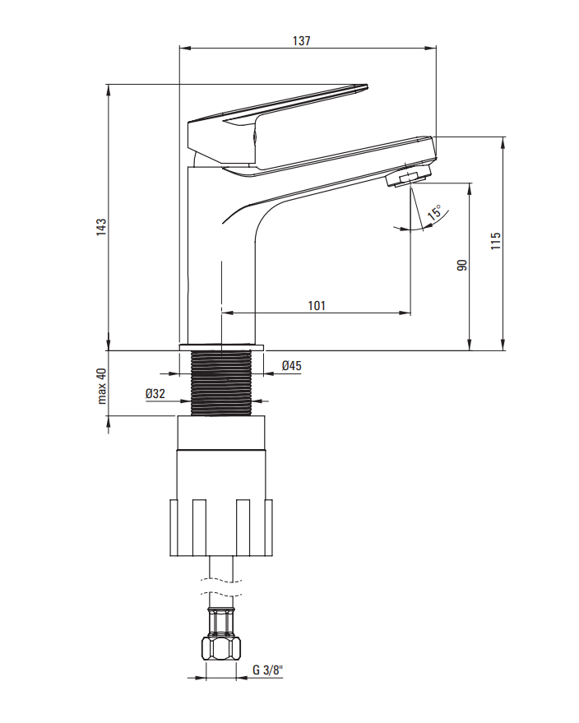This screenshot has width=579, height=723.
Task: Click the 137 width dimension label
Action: pyautogui.click(x=302, y=40)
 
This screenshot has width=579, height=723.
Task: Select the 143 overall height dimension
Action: pyautogui.click(x=101, y=227)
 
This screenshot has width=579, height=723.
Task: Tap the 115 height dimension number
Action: pyautogui.click(x=496, y=241)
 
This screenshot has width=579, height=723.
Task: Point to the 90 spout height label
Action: pyautogui.click(x=462, y=265)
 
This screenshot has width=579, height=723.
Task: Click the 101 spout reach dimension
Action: pyautogui.click(x=317, y=306)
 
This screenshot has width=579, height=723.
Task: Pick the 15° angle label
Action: pyautogui.click(x=434, y=212)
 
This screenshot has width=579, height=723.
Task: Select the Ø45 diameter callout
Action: pyautogui.click(x=292, y=366)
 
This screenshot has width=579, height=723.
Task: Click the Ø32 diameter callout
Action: pyautogui.click(x=155, y=394)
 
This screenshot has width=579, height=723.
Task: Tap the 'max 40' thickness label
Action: pyautogui.click(x=102, y=386)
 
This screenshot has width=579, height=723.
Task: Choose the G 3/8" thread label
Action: pyautogui.click(x=267, y=670)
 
